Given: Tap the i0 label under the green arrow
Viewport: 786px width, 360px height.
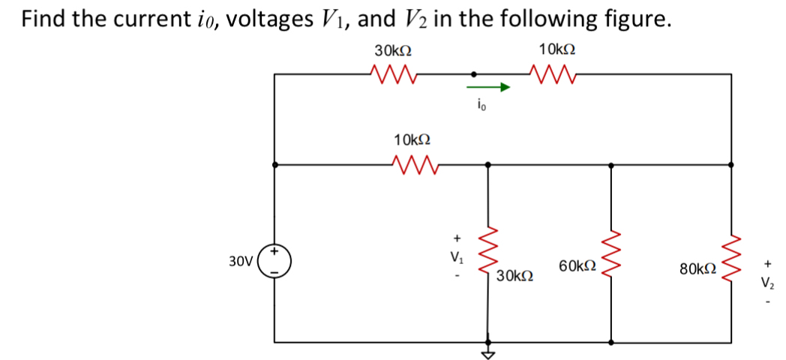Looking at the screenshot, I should [481, 106].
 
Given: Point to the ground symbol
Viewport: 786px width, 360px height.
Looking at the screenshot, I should [489, 353].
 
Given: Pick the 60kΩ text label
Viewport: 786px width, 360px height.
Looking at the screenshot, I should [577, 265].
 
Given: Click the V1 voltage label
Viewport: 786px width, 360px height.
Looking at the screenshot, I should [454, 256].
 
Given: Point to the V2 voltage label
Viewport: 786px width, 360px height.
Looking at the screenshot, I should [767, 283].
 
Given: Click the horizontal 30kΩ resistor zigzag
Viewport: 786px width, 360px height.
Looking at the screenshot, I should [392, 73].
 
